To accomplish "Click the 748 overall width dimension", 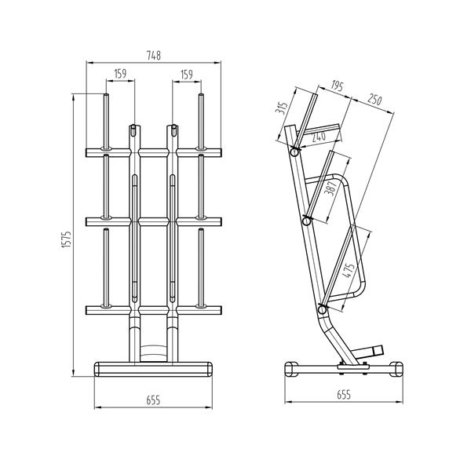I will [153, 55].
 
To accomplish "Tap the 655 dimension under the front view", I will [153, 400].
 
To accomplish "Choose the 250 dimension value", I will [374, 100].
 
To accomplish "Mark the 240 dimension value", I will [318, 136].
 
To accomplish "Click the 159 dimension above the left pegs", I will [120, 74].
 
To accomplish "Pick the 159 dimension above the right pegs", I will [186, 74].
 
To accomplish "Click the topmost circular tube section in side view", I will [294, 154].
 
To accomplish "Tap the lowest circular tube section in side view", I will [322, 312].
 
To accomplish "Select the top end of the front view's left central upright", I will [134, 126].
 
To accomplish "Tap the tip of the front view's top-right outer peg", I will [202, 97].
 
